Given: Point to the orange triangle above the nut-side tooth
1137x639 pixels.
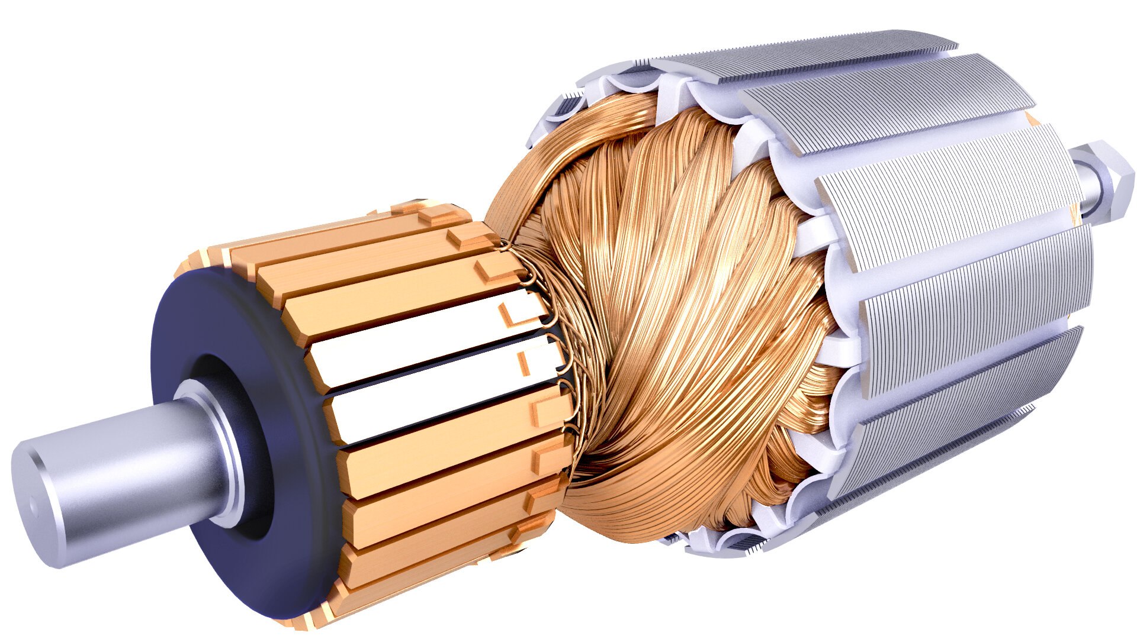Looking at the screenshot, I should click(x=1033, y=121).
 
